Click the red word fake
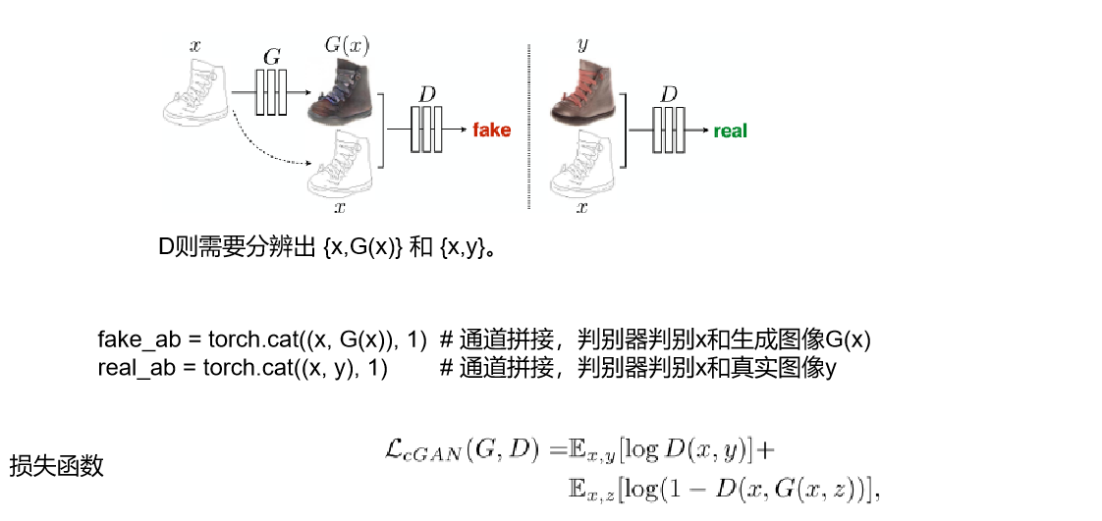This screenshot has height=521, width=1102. pos(491,130)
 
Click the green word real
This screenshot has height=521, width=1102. pos(730,130)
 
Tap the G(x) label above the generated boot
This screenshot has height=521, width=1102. pos(346,44)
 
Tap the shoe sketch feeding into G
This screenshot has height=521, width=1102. pos(196,89)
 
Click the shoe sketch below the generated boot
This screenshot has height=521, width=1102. pos(340,161)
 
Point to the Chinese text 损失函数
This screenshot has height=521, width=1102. pos(56,466)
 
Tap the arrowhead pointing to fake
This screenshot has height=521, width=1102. pos(461,130)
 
